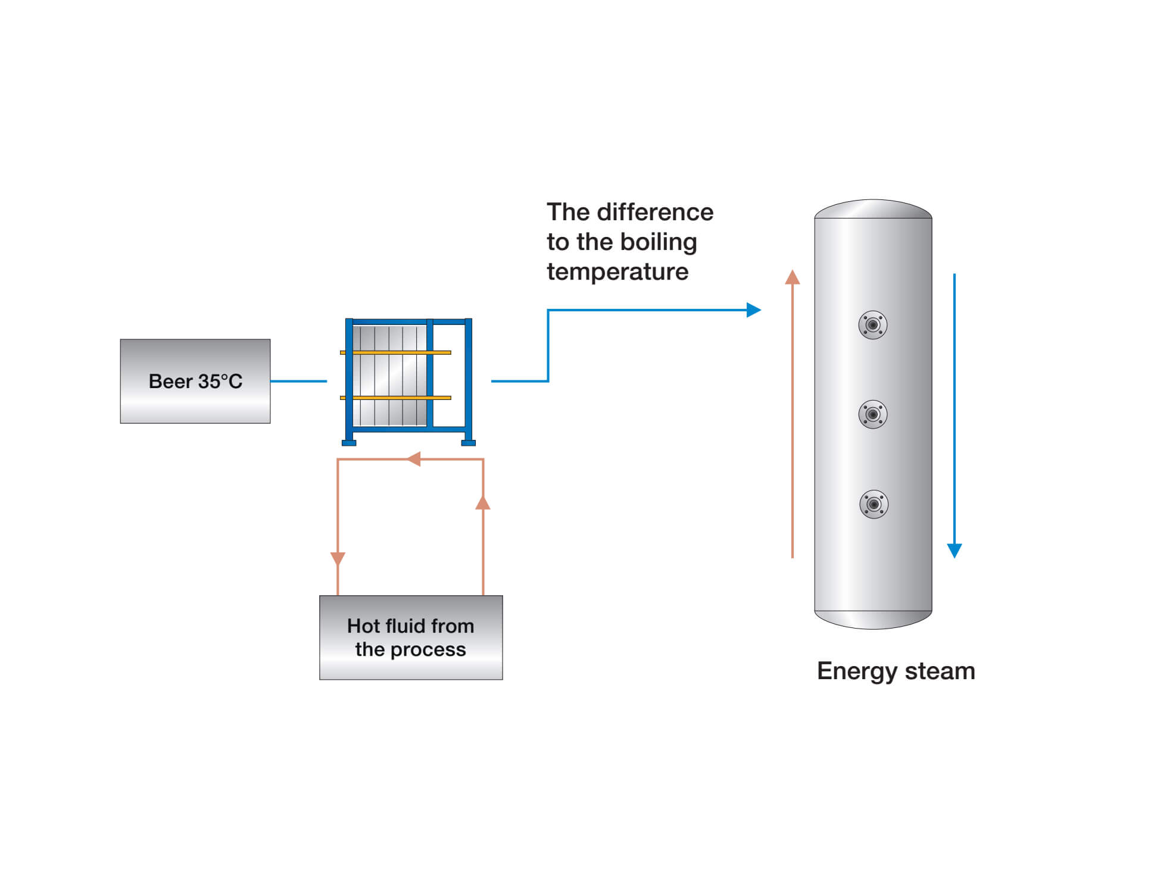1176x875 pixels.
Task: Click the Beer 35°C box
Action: click(x=195, y=381)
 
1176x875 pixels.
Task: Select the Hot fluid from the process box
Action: click(x=411, y=637)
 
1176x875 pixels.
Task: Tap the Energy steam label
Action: click(x=896, y=671)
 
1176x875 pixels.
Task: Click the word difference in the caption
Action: click(x=655, y=212)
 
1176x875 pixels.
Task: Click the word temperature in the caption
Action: click(x=617, y=272)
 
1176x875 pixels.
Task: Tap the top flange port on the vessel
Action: click(x=873, y=325)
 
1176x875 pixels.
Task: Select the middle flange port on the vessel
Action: click(x=873, y=414)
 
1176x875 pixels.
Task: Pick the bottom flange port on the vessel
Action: click(x=874, y=504)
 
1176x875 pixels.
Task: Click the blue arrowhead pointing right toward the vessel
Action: click(x=754, y=310)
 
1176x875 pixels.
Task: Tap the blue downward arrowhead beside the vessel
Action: click(x=954, y=550)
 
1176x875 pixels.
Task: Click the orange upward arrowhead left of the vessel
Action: click(x=792, y=277)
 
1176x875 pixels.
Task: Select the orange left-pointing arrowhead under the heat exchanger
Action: click(x=414, y=459)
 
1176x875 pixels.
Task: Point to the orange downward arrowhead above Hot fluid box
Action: click(x=338, y=558)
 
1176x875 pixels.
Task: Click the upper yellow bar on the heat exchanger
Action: click(x=395, y=353)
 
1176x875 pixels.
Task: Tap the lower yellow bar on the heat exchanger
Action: click(x=395, y=398)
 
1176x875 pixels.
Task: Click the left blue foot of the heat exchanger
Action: click(x=349, y=443)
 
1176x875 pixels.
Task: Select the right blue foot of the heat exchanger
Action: click(x=469, y=443)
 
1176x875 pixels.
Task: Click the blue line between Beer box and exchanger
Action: click(x=298, y=381)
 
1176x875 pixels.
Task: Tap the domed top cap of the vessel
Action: click(x=873, y=209)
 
